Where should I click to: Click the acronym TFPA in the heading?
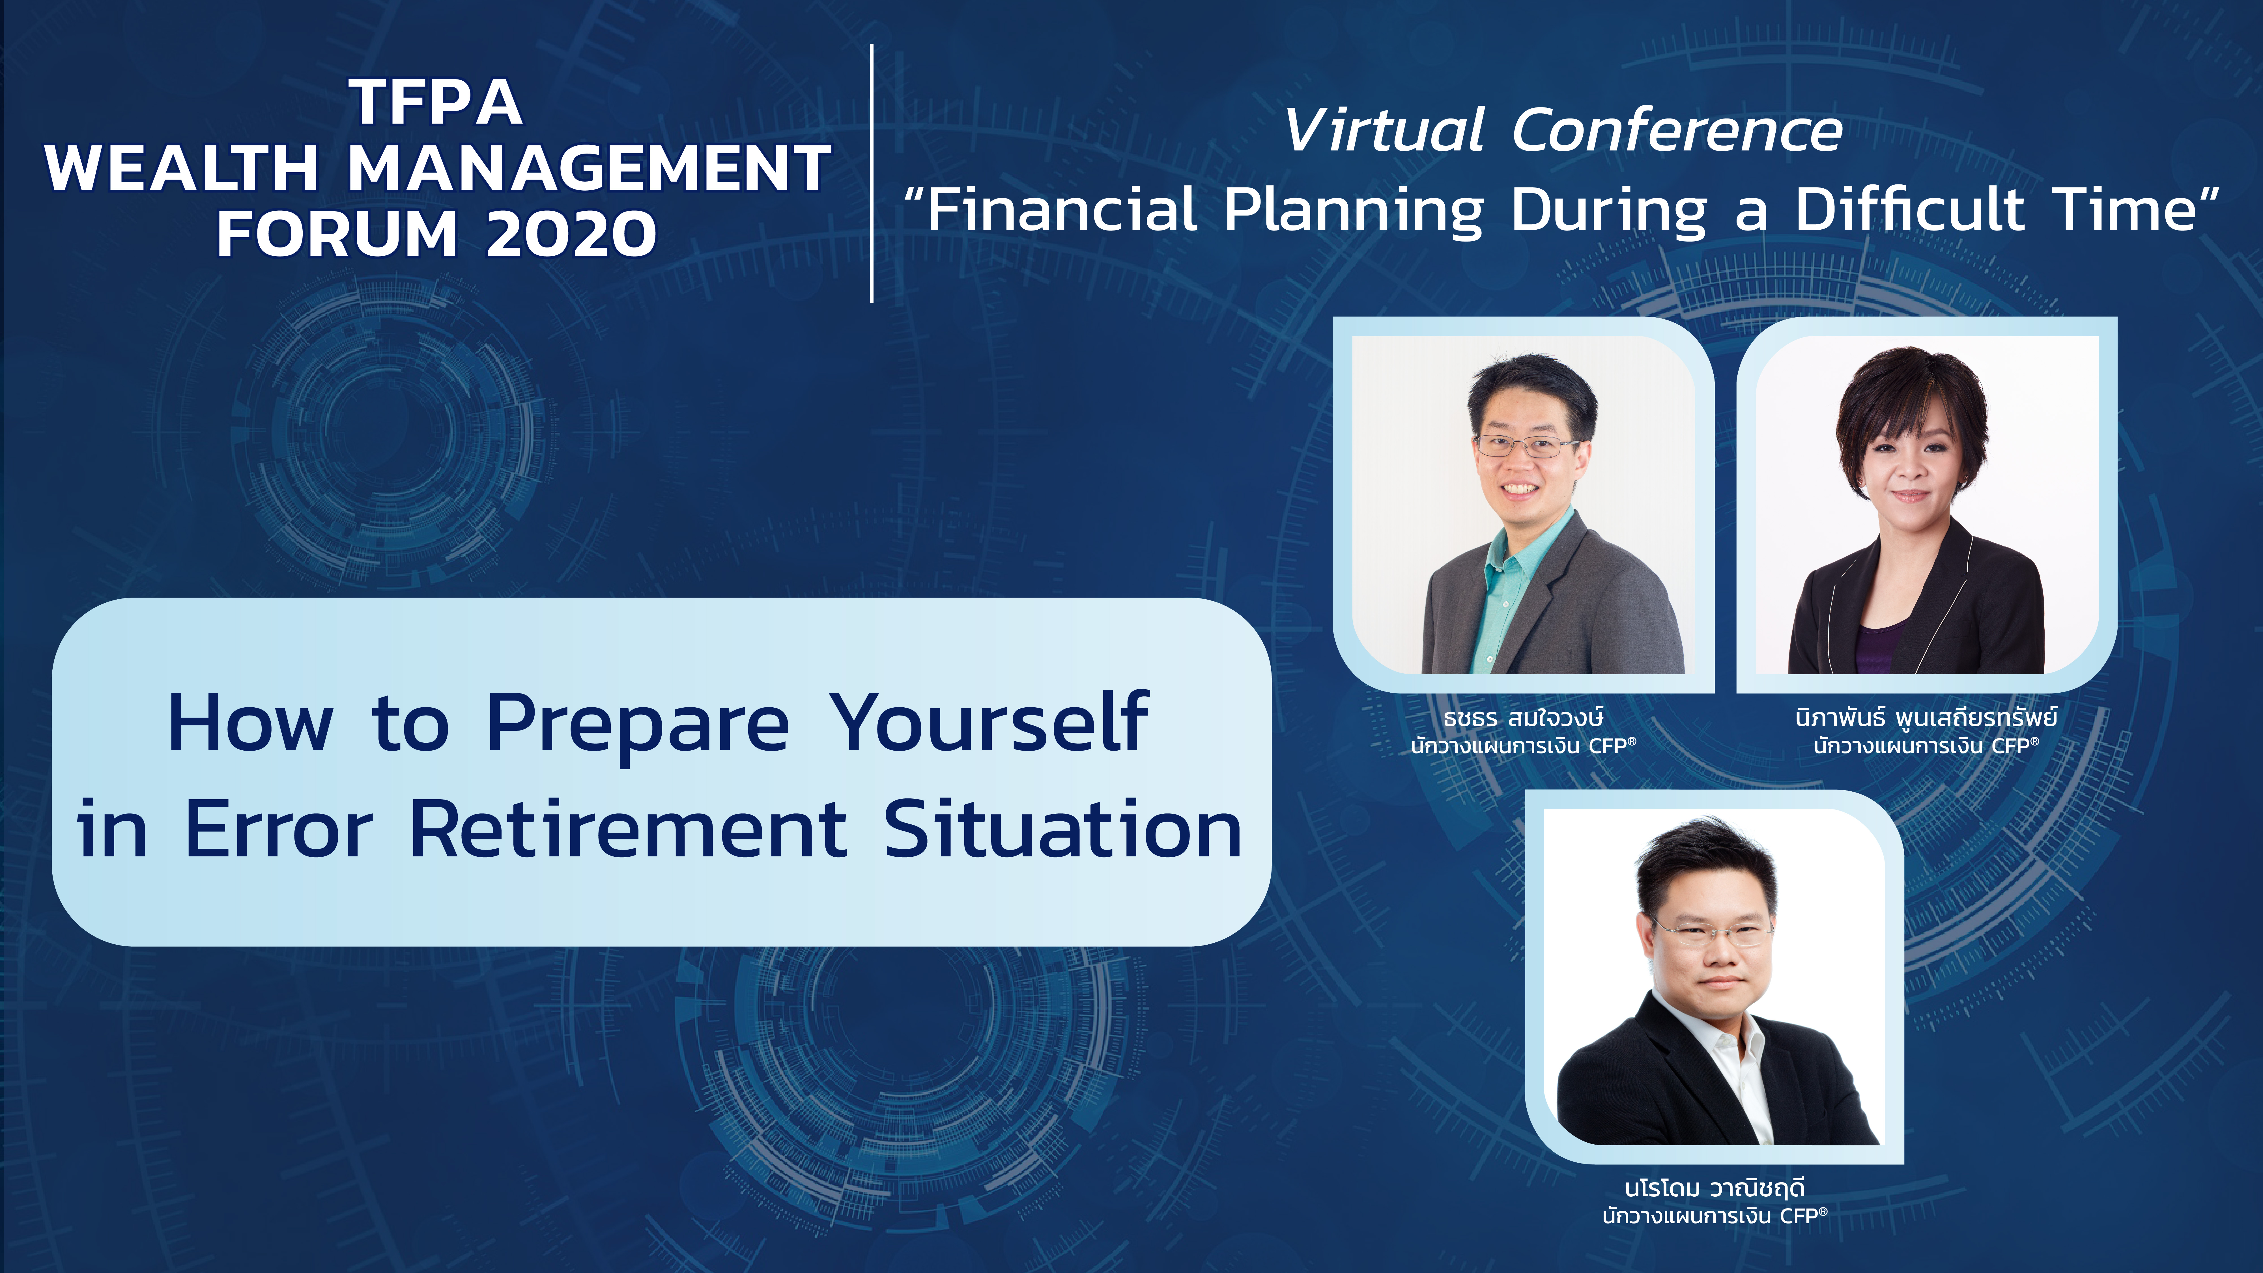coord(436,103)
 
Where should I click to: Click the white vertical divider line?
coord(872,173)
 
